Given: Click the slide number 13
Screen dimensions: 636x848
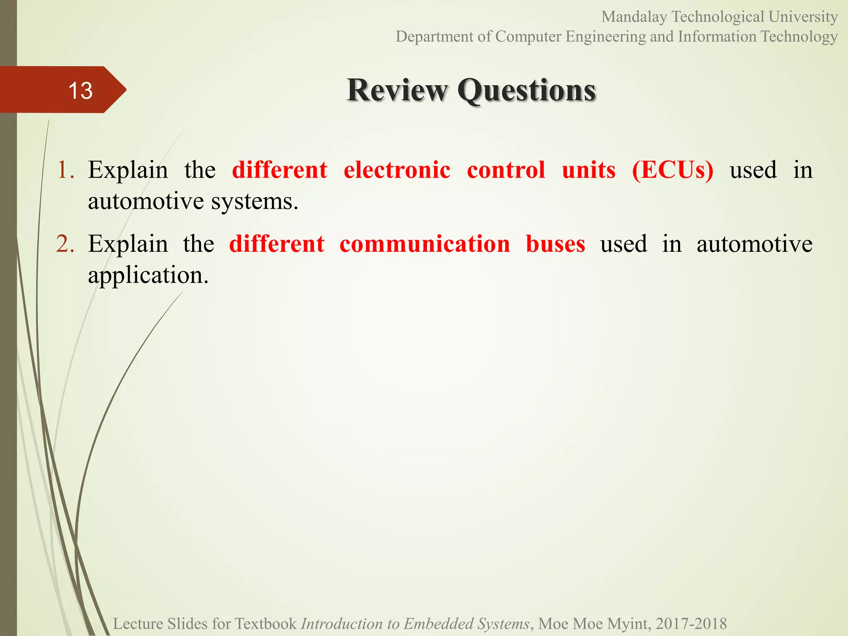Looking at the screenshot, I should pyautogui.click(x=80, y=90).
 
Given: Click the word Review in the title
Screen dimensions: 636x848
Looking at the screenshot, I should pyautogui.click(x=397, y=90).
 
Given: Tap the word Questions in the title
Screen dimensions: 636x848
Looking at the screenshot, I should pyautogui.click(x=527, y=90).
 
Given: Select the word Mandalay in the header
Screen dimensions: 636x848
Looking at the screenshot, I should pyautogui.click(x=634, y=17).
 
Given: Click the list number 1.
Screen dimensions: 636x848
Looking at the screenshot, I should pyautogui.click(x=65, y=170).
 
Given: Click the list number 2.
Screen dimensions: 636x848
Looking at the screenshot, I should pyautogui.click(x=65, y=244).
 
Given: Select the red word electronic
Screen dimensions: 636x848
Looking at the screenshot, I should pyautogui.click(x=397, y=170).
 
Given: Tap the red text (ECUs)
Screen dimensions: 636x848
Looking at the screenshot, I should pyautogui.click(x=673, y=170).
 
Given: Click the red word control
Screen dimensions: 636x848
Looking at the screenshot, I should pyautogui.click(x=506, y=170).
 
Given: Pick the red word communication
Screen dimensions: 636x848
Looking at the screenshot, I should pyautogui.click(x=425, y=244).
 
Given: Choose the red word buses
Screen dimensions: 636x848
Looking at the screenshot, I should pyautogui.click(x=555, y=244).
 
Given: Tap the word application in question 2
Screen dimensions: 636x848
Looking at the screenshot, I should pyautogui.click(x=148, y=276).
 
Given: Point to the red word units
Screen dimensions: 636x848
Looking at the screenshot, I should pyautogui.click(x=589, y=170).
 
